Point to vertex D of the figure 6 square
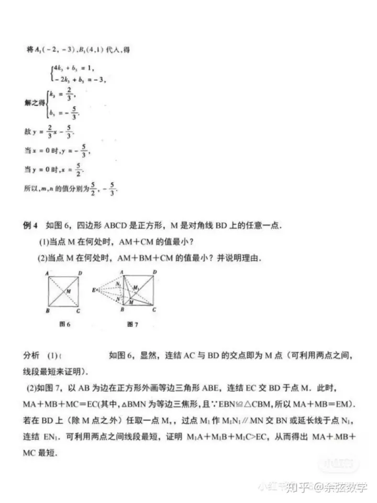(x=80, y=272)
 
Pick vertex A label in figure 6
(x=47, y=272)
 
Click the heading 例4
(x=31, y=226)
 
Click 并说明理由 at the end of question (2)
(x=240, y=258)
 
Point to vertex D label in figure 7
(x=154, y=272)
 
